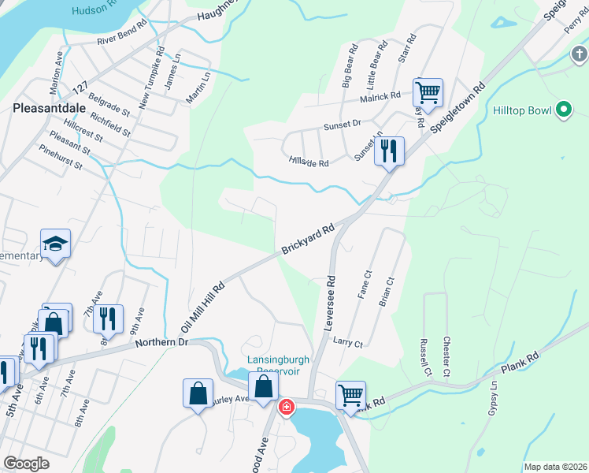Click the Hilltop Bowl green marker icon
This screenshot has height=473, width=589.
click(563, 110)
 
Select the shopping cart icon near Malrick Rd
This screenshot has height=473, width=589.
click(428, 91)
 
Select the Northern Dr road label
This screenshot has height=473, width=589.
click(162, 342)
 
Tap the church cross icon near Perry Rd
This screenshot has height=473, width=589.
click(579, 54)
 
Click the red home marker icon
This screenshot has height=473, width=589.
click(287, 407)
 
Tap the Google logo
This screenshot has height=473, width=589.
click(26, 464)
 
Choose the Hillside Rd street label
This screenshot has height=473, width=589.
click(308, 162)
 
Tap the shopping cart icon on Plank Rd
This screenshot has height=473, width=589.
click(350, 394)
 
